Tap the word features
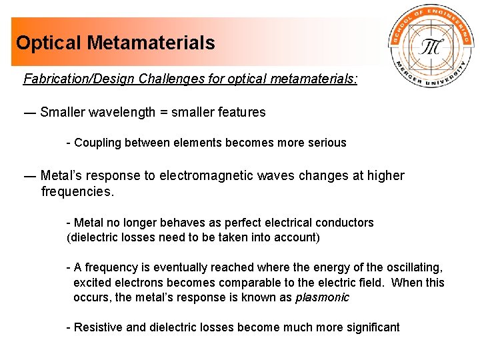[x=242, y=112]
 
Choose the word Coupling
[x=97, y=143]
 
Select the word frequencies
[x=76, y=193]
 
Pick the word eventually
[x=185, y=267]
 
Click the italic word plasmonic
[x=322, y=297]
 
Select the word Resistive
[x=98, y=327]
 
